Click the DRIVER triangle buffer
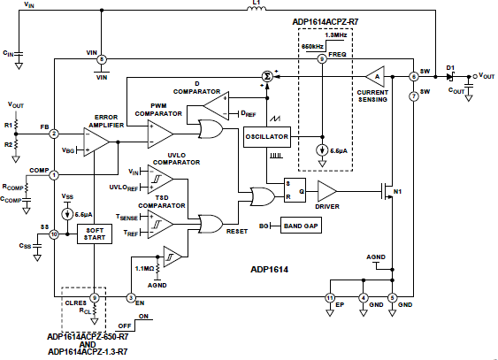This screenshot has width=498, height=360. [326, 190]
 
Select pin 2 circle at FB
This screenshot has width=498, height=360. [54, 134]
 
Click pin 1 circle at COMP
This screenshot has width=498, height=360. [54, 174]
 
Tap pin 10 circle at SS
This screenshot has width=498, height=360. [54, 234]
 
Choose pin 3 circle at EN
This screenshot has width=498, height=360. [130, 297]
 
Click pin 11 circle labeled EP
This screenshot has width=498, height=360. [330, 297]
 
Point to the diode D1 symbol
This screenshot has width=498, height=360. [450, 76]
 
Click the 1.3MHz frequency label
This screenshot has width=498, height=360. [337, 34]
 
